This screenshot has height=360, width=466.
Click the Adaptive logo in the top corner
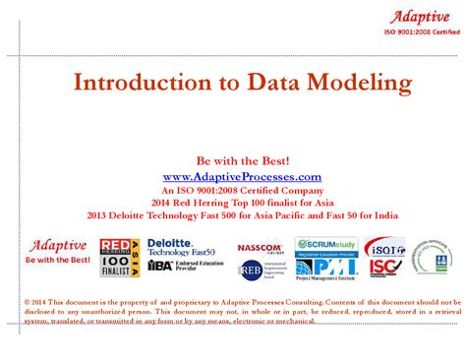(421, 16)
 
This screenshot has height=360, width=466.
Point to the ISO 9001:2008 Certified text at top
(421, 32)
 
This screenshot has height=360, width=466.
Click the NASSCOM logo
(259, 248)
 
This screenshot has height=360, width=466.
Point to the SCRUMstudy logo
(325, 243)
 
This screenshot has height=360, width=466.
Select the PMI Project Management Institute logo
(325, 266)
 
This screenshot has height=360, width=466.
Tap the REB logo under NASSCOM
(250, 269)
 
